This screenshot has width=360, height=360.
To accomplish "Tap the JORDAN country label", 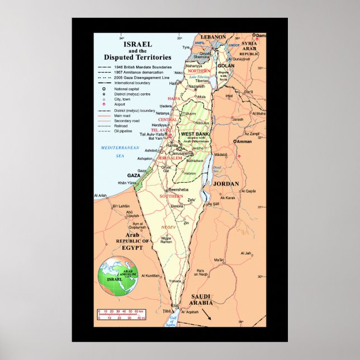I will click(x=226, y=183).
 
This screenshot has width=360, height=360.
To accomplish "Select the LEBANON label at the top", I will click(x=214, y=37).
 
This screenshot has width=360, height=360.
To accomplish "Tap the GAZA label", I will click(x=134, y=175).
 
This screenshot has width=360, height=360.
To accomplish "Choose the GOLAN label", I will click(x=225, y=65).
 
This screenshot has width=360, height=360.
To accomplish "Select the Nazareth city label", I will click(x=196, y=87).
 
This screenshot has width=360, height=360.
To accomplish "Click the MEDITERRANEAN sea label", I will click(x=119, y=147).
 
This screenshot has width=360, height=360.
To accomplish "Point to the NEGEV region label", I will click(x=168, y=227).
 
